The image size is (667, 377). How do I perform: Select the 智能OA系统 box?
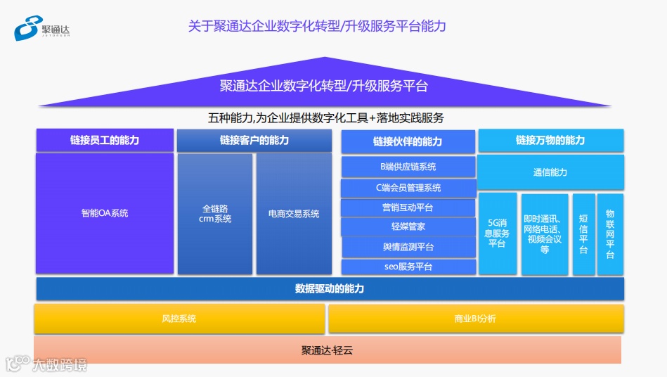(105, 213)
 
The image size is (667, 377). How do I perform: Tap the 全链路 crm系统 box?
(215, 213)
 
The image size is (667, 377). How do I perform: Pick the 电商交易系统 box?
(294, 213)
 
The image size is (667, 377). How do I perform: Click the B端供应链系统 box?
(408, 167)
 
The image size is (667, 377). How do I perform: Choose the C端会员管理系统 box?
(408, 188)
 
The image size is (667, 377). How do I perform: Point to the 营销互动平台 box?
(408, 207)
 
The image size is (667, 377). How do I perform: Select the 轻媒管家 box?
(408, 227)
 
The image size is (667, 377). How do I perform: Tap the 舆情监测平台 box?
(408, 247)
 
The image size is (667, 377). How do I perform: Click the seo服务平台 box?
(408, 267)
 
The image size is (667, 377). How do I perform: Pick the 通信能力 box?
(550, 172)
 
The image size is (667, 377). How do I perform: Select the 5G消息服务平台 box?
(498, 234)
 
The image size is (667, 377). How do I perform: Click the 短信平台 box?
(583, 234)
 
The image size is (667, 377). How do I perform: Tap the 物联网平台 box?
(610, 234)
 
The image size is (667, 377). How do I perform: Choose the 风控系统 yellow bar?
(179, 319)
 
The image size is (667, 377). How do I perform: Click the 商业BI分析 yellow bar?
(475, 319)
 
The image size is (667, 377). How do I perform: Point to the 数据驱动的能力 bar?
(330, 289)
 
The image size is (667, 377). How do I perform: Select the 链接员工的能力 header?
(105, 140)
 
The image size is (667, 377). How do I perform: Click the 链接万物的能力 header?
(550, 140)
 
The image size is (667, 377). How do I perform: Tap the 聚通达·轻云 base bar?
(328, 350)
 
